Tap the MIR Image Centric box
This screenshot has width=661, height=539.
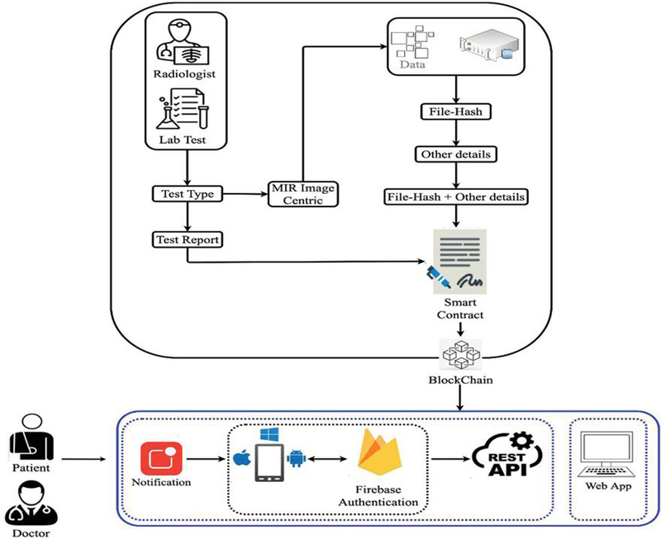(x=302, y=194)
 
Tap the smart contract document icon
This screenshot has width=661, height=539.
(x=457, y=263)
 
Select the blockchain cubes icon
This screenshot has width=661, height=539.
(x=461, y=353)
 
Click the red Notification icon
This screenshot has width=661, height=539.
(x=161, y=460)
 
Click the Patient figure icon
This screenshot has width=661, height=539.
(x=32, y=438)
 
